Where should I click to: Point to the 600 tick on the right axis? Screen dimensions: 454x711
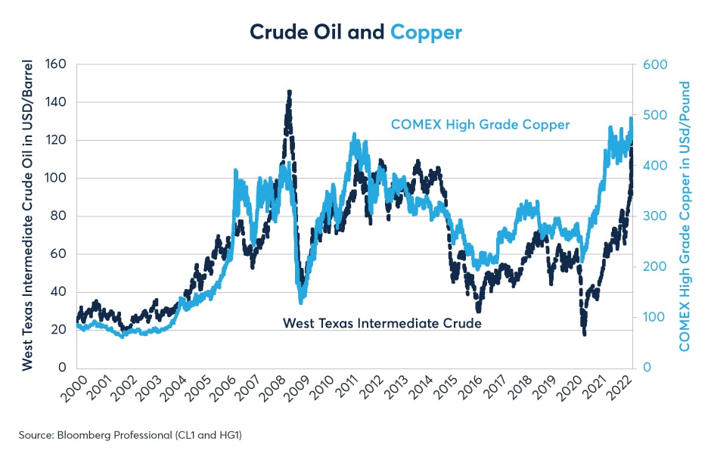[x=656, y=64]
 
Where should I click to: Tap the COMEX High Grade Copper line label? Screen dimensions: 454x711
[x=480, y=124]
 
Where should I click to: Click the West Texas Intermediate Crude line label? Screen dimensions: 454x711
[x=382, y=323]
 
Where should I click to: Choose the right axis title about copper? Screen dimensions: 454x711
[x=685, y=216]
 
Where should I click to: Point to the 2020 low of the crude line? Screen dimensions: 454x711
[x=585, y=334]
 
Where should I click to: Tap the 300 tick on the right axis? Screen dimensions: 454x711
[x=656, y=216]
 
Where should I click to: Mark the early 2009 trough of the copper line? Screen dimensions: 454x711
[x=302, y=302]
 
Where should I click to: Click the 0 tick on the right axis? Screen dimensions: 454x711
[x=647, y=368]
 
